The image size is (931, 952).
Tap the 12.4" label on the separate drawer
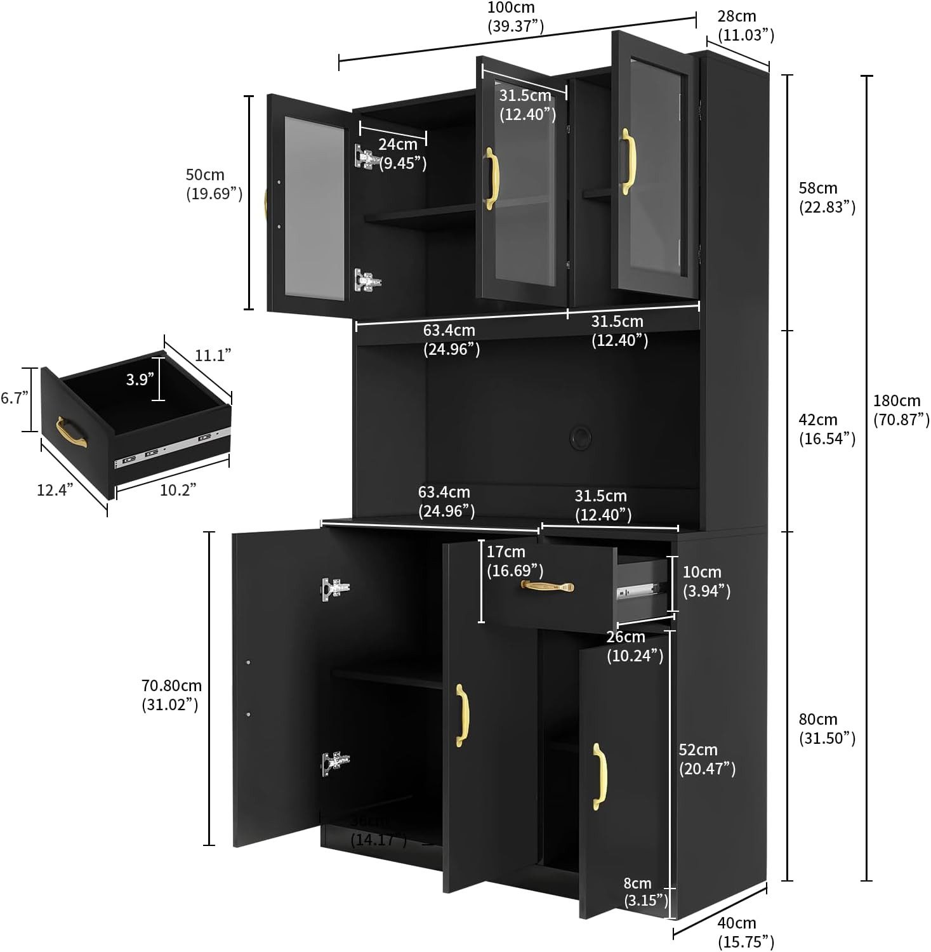coord(55,489)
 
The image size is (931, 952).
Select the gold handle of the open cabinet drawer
coord(547,587)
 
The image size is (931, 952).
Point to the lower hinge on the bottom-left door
coord(334,762)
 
